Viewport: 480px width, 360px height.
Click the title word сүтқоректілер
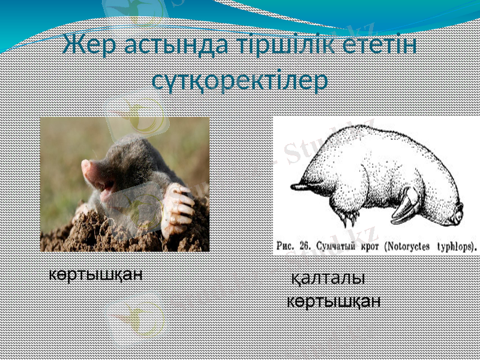pos(239,80)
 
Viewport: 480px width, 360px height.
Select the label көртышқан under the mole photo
pos(95,275)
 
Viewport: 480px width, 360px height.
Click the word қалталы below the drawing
pos(328,279)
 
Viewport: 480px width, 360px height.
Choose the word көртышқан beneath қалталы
pos(333,301)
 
